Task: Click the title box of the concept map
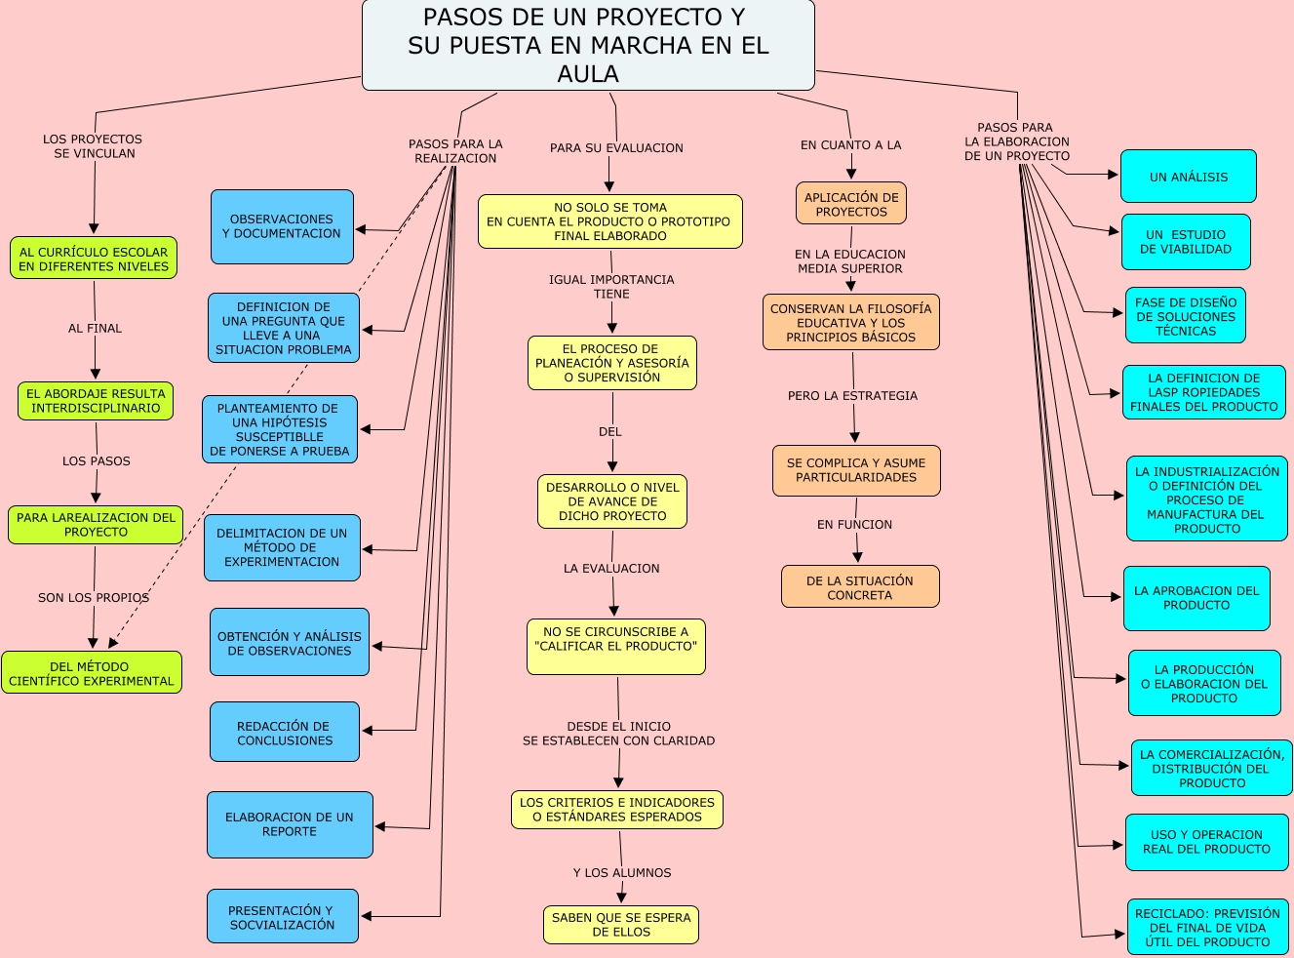tap(588, 46)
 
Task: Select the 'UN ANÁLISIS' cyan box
tap(1188, 177)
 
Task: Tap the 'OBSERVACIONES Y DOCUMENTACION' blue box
tap(282, 226)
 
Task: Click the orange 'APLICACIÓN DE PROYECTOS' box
tap(851, 204)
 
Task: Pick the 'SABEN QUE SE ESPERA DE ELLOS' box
tap(620, 924)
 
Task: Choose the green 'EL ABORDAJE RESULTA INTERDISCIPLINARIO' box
tap(96, 401)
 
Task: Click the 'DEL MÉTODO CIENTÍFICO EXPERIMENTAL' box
tap(92, 673)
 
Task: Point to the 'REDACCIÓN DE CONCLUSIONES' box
tap(285, 733)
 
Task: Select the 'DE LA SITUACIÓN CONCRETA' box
tap(859, 587)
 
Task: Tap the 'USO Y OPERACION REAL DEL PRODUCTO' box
tap(1207, 842)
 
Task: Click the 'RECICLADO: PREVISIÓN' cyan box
tap(1207, 928)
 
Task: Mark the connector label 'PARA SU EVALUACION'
tap(616, 148)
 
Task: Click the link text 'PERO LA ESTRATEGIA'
tap(852, 396)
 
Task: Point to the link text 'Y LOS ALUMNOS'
tap(622, 873)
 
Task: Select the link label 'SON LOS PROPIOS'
tap(94, 598)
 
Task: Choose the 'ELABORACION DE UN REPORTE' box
tap(290, 824)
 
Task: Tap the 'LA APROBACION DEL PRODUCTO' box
tap(1196, 598)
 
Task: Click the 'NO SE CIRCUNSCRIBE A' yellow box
tap(615, 646)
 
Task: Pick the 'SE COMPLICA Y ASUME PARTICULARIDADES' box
tap(856, 470)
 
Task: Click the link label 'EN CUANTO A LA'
tap(850, 145)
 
